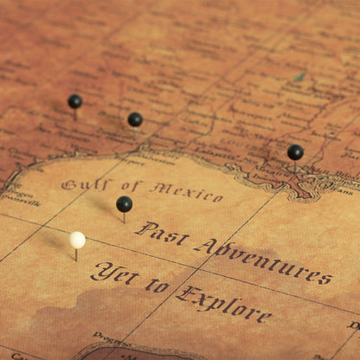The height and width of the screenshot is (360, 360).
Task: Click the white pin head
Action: pos(78,240)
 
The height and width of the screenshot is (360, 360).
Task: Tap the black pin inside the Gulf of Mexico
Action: pos(125,204)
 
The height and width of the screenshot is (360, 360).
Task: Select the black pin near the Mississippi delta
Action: pos(295,152)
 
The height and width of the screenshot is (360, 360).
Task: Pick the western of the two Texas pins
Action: pos(75,101)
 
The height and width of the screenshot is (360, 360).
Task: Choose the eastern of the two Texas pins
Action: pos(135,119)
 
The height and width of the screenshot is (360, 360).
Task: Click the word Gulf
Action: pos(87,184)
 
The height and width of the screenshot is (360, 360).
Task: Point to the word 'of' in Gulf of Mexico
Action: pos(131,186)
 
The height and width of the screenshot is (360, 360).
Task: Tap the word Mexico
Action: pos(186,190)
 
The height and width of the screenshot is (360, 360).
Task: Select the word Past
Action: pos(162,235)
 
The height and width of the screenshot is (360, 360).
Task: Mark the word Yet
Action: pos(113,274)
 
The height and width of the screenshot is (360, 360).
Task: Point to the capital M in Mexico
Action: pos(160,188)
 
